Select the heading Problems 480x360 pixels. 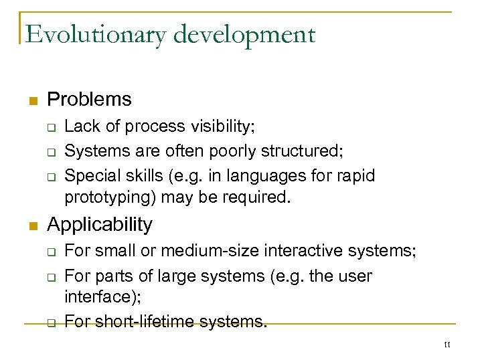89,100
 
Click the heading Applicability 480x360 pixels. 100,224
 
